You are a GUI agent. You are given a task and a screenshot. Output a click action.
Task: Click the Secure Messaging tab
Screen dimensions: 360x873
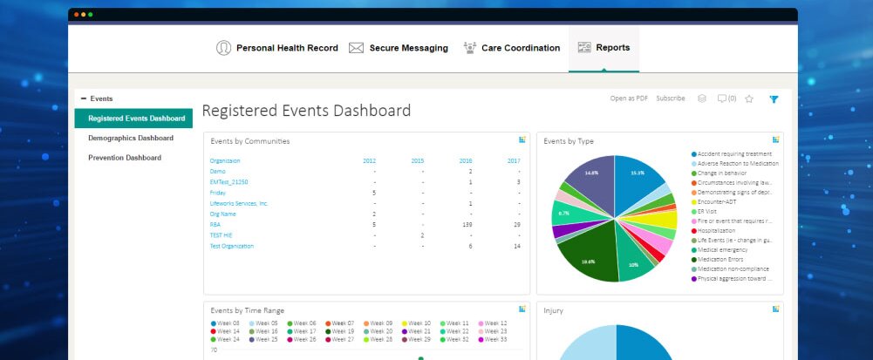(x=399, y=48)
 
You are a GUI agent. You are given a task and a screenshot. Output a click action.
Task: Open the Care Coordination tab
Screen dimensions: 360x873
(x=512, y=48)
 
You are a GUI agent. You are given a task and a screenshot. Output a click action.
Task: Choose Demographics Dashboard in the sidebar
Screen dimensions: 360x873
(x=131, y=138)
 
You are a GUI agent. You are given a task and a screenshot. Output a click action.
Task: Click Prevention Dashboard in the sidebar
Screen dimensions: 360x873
(x=125, y=158)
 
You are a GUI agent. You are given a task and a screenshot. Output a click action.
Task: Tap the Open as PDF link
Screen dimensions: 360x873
(x=629, y=98)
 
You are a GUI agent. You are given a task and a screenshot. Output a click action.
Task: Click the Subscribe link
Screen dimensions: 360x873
(x=671, y=98)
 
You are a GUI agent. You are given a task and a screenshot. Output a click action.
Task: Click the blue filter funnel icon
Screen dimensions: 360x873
(x=773, y=99)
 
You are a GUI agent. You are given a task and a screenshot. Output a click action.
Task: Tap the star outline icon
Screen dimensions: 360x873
(x=749, y=99)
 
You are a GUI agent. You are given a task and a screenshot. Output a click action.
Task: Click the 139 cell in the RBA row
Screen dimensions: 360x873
(x=467, y=225)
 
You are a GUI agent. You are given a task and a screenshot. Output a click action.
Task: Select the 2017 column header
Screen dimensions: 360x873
(x=513, y=160)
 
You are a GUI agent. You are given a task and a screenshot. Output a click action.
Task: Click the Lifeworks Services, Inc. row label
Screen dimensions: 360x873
(x=239, y=203)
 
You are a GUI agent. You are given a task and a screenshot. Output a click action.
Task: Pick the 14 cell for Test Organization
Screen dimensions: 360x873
(x=516, y=246)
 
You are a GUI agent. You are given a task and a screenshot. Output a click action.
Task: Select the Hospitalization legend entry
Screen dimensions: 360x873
(x=718, y=231)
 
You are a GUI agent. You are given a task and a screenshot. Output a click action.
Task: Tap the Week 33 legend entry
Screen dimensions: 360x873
(x=494, y=339)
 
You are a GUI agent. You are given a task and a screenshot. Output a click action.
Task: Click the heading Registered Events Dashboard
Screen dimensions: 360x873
(x=306, y=111)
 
